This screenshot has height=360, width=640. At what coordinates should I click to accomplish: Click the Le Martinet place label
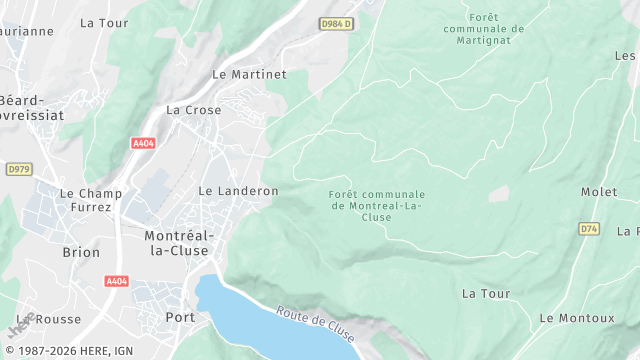249,74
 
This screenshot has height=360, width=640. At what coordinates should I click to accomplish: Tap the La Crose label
194,110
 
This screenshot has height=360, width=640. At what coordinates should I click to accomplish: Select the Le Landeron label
238,190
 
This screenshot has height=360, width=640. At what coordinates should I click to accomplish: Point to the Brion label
81,253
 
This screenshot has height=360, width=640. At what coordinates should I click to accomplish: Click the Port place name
180,318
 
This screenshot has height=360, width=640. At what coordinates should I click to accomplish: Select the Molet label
598,191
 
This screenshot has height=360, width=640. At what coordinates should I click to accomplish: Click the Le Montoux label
577,318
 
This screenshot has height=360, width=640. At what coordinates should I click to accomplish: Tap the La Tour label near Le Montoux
486,294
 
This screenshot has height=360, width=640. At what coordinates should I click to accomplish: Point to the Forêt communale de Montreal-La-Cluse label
376,206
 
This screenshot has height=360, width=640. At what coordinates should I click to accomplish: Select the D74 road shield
588,229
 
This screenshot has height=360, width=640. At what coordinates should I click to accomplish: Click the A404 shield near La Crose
144,143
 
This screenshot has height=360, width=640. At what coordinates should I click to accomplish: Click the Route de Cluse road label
315,322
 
